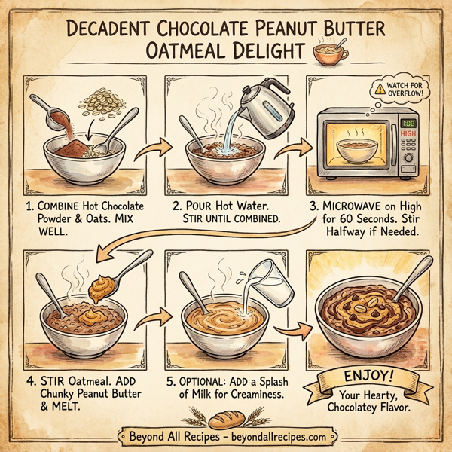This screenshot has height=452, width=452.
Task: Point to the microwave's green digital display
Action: point(410,123)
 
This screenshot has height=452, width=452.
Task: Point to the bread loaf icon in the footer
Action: point(224,436)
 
